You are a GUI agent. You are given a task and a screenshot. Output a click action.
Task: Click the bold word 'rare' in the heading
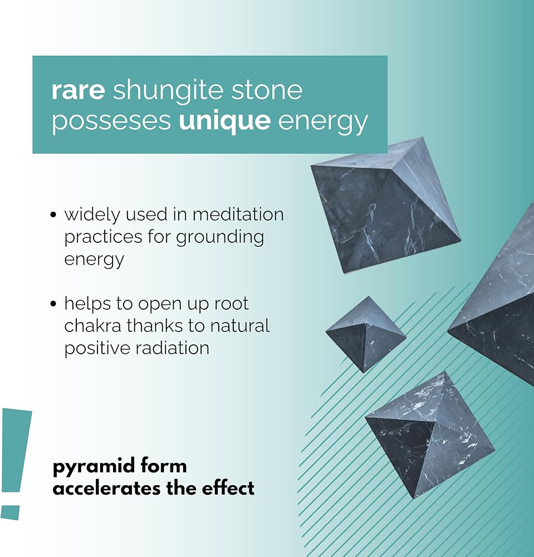tap(78, 90)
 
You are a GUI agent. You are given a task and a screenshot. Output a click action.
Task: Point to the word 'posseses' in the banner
tap(111, 123)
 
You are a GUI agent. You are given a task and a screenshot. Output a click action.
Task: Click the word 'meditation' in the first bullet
tap(238, 214)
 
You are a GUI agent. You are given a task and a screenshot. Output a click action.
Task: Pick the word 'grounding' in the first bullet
tap(220, 238)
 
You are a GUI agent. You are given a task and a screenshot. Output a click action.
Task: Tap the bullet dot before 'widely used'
tap(53, 215)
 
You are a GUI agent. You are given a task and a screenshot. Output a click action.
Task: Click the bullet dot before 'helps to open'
tap(53, 304)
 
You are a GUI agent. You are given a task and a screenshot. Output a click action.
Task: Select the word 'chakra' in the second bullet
tap(92, 326)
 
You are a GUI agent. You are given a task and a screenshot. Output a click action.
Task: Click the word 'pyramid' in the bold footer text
tap(94, 467)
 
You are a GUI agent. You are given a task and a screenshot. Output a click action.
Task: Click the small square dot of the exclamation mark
tap(10, 512)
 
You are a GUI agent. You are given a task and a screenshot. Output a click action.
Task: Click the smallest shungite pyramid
tap(366, 334)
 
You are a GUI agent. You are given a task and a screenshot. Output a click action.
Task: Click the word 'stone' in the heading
tap(267, 90)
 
